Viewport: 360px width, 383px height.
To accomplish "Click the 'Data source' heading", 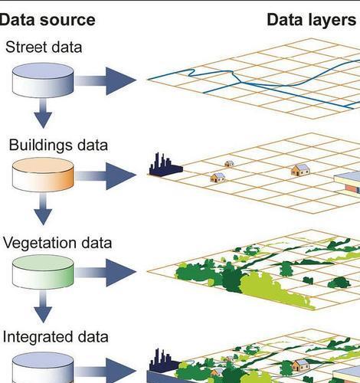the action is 47,20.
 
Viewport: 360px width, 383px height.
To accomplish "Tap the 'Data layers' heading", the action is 311,20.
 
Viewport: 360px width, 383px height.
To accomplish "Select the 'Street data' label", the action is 44,47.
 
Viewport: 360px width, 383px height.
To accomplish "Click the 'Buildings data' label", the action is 58,145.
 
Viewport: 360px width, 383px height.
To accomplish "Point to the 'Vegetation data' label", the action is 57,243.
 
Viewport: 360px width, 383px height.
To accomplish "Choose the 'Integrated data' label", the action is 56,337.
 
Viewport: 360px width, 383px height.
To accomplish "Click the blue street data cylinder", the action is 43,80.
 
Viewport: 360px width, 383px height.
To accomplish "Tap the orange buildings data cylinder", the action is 43,175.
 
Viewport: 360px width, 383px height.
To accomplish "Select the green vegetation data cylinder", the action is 43,272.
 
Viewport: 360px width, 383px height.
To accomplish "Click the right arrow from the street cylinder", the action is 105,81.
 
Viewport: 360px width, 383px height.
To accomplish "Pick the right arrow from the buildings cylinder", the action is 105,176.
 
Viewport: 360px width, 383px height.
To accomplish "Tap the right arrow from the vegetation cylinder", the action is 105,273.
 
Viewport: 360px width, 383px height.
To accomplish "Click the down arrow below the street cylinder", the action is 43,113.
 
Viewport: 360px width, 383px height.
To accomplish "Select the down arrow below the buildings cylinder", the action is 43,209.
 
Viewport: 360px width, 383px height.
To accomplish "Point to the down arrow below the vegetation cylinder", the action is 43,306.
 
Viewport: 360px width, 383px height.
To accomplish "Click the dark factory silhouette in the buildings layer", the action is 165,165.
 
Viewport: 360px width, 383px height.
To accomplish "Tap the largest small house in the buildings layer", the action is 300,170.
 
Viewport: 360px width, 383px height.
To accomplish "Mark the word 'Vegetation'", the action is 40,243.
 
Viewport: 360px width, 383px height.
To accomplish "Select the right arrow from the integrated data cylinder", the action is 105,371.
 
